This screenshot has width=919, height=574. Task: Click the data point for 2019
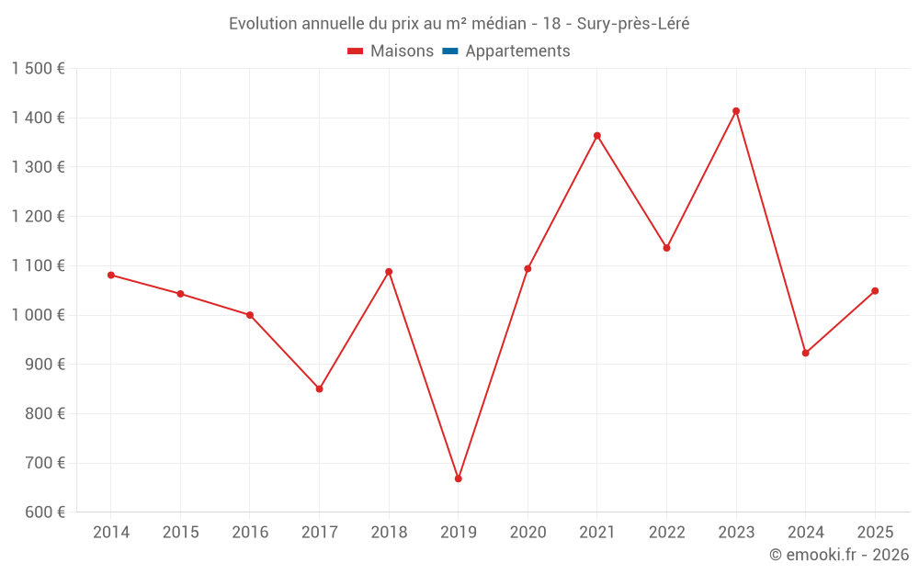(458, 478)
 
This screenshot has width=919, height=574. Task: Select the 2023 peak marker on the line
(736, 111)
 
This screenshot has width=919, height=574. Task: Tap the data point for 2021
(597, 136)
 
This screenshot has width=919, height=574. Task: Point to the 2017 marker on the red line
(319, 389)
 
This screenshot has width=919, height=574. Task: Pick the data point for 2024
(806, 353)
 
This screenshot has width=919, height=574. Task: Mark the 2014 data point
(111, 275)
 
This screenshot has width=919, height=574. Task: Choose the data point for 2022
(666, 248)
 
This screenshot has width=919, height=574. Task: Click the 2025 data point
(875, 291)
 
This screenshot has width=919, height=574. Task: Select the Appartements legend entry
(517, 51)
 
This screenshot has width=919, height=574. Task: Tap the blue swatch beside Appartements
(450, 51)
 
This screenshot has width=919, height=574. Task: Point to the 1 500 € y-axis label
(39, 69)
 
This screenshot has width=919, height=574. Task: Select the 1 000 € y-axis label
(39, 315)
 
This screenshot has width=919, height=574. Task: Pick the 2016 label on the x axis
(250, 533)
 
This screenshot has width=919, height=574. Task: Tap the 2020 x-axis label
(528, 533)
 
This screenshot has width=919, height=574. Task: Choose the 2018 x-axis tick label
(389, 533)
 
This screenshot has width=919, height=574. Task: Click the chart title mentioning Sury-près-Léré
(459, 24)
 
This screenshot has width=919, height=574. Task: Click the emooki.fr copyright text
(839, 555)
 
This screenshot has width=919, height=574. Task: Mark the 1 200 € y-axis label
(39, 217)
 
